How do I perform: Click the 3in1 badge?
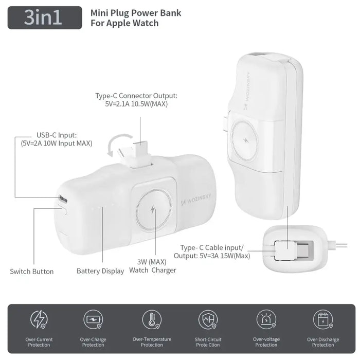[44, 17]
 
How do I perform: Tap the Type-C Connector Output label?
[136, 100]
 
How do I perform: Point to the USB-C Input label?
[56, 139]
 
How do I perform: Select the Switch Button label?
[32, 271]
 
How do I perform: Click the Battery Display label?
[100, 271]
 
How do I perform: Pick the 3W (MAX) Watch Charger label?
[152, 266]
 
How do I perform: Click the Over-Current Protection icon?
[39, 320]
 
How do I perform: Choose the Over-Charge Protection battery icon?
[93, 320]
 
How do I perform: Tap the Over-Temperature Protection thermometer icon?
[152, 320]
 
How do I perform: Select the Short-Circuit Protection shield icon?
[208, 320]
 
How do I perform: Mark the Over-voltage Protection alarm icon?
[266, 320]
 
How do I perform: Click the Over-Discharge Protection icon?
[323, 320]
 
